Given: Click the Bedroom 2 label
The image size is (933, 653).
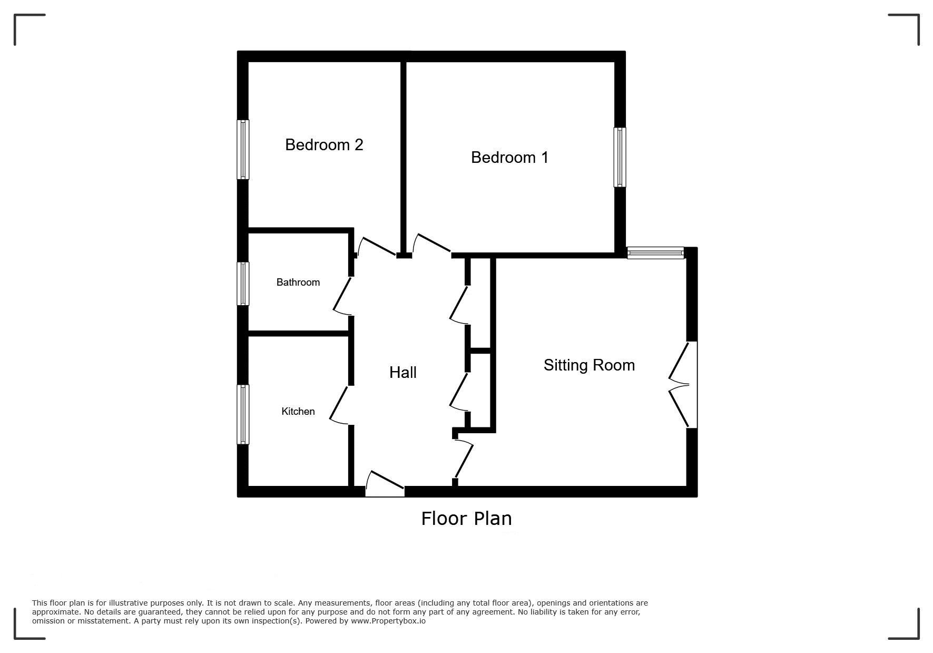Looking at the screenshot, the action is coord(324,144).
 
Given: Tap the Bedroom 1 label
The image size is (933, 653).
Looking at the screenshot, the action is coord(509,157).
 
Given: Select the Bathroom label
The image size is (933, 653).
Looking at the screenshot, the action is coord(298,282).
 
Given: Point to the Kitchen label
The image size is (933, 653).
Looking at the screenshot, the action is coord(298,411).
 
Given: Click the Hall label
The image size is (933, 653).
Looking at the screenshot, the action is coord(403,373).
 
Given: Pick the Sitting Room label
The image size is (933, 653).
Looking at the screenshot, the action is coord(589,365).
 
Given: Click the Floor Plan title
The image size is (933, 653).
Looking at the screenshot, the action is coord(466,519).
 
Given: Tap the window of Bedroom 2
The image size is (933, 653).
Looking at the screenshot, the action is coord(243,150).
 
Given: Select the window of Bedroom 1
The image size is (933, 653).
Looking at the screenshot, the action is coord(620,157).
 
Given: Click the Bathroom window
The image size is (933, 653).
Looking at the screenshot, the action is coord(243,284).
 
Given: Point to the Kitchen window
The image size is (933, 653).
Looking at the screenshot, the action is coord(243,414).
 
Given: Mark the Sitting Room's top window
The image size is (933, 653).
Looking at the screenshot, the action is coord(655,253).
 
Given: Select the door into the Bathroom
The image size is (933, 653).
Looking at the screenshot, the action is coord(341,296).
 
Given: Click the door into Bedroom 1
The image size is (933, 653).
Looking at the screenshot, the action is coord(432,244).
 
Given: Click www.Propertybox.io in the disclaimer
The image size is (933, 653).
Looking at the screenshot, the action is coord(388,621).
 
